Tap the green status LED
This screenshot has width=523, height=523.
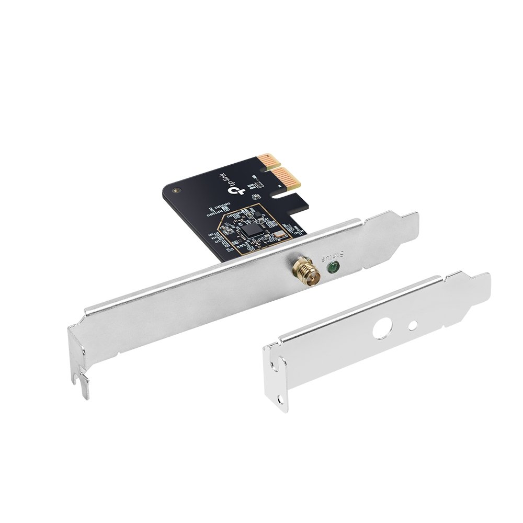(332, 269)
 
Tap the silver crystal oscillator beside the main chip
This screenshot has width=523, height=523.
(277, 235)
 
